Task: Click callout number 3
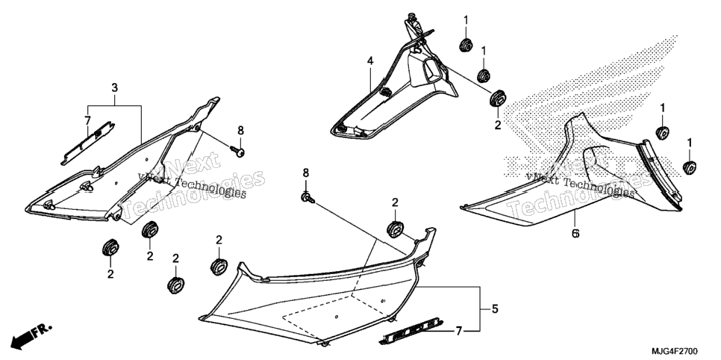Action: coord(114,87)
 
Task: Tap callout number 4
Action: coord(370,60)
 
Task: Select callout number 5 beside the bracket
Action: coord(495,309)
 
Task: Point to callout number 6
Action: coord(575,233)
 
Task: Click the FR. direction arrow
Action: coord(31,335)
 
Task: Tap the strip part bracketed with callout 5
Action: coord(412,332)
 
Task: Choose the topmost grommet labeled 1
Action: coord(466,45)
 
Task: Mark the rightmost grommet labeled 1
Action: coord(689,167)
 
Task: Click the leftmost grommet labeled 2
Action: coord(110,248)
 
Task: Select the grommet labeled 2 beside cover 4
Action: coord(498,99)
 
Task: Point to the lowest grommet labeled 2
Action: coord(175,285)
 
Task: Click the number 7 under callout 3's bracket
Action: coord(87,120)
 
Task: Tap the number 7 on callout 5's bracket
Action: coord(458,331)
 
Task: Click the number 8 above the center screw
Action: coord(306,173)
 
